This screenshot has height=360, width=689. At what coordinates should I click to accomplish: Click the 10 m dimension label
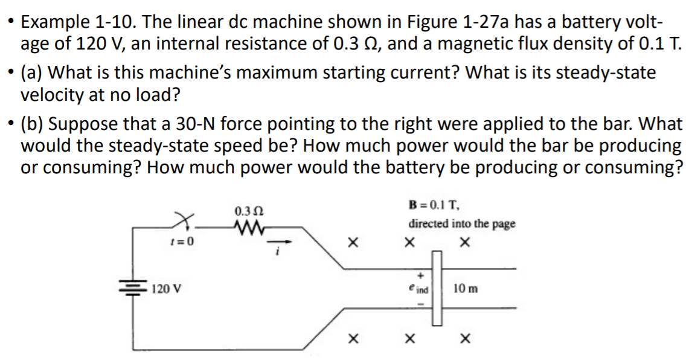coord(465,289)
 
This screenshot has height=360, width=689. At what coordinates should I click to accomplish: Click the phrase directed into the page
coord(462,223)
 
